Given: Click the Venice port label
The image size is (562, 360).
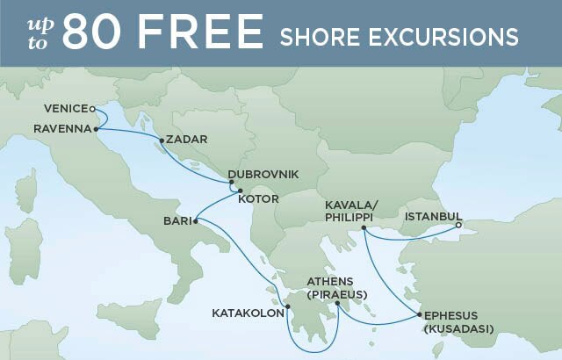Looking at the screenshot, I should [65, 109].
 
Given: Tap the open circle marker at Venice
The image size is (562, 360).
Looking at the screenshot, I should [92, 109].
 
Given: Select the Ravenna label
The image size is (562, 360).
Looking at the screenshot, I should [61, 128].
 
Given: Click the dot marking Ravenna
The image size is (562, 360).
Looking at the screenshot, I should [96, 129].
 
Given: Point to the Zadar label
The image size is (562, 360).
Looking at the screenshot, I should [186, 140].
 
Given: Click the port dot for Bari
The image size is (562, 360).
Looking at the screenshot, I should [195, 220].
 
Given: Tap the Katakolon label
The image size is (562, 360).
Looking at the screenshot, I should [248, 313].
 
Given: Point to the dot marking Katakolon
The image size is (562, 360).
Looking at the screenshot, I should [287, 308].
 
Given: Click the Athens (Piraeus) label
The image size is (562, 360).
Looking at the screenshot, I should [336, 287].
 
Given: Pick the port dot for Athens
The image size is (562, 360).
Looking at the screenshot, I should [337, 304].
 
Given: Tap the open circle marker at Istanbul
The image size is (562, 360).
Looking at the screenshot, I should [458, 225].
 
